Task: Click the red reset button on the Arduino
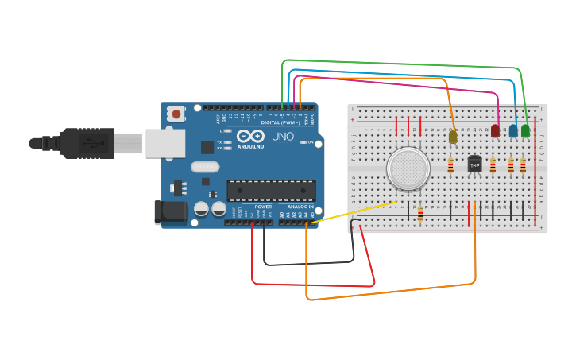(176, 114)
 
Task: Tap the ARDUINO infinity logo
(250, 137)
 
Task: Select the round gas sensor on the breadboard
(408, 168)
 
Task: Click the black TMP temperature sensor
(474, 164)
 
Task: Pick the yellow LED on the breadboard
(453, 137)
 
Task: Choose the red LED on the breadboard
(496, 131)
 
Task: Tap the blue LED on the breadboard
(513, 130)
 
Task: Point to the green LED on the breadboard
(525, 130)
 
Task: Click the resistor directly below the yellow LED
(450, 165)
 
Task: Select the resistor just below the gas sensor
(419, 214)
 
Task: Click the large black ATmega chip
(271, 191)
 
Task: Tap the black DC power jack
(170, 211)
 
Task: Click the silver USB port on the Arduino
(164, 143)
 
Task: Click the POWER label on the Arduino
(263, 207)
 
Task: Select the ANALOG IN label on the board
(300, 207)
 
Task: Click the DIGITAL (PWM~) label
(280, 122)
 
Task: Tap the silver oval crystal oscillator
(204, 167)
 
